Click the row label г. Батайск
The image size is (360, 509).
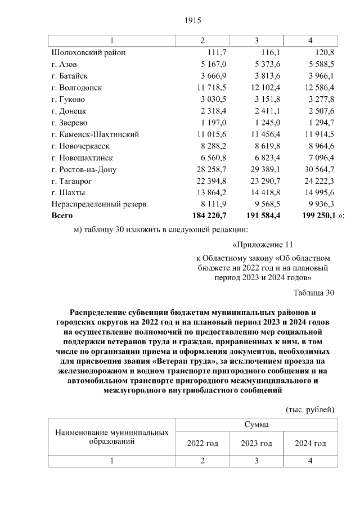69,76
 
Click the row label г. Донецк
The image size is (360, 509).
68,111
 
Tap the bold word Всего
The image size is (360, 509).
62,215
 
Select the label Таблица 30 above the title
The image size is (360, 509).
314,292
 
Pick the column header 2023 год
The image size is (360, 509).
256,444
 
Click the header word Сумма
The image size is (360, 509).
256,425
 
